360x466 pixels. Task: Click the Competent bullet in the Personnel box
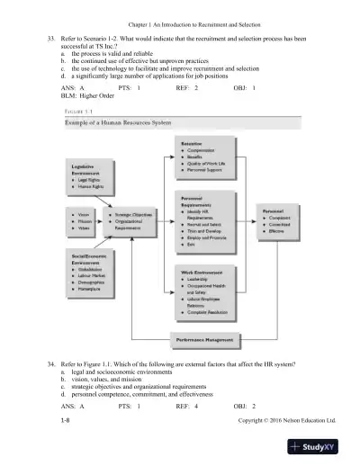279,217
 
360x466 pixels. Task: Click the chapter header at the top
179,15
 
